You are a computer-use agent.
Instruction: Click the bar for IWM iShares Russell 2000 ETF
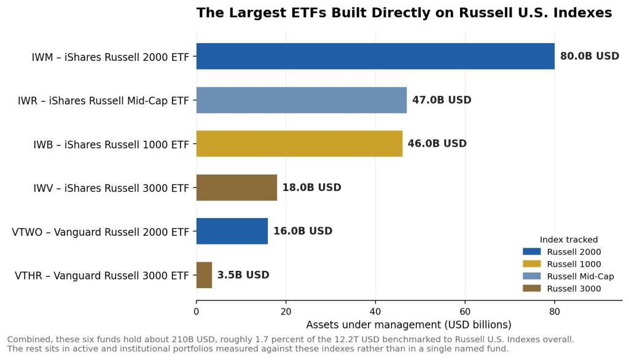click(x=375, y=56)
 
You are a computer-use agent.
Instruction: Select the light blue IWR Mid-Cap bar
click(x=301, y=100)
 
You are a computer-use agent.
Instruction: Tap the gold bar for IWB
click(x=299, y=144)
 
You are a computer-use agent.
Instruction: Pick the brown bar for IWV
click(x=236, y=187)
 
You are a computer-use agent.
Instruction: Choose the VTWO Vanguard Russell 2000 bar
click(x=232, y=231)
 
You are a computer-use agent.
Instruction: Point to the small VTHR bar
click(x=204, y=275)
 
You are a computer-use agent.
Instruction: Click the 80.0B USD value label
click(x=590, y=56)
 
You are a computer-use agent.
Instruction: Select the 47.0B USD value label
click(x=442, y=100)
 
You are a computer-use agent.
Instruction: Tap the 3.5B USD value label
click(x=243, y=275)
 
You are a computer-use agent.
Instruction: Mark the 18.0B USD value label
click(x=311, y=187)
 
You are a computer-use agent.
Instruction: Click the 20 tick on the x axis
click(x=286, y=312)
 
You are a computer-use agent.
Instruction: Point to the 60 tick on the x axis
click(x=465, y=312)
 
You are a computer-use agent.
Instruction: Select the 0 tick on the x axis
click(x=196, y=312)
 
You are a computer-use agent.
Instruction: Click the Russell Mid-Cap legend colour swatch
click(x=531, y=276)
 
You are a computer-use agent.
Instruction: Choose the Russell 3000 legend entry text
click(x=574, y=289)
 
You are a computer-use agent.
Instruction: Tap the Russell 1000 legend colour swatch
click(x=531, y=264)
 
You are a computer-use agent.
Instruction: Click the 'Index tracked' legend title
click(x=568, y=240)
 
